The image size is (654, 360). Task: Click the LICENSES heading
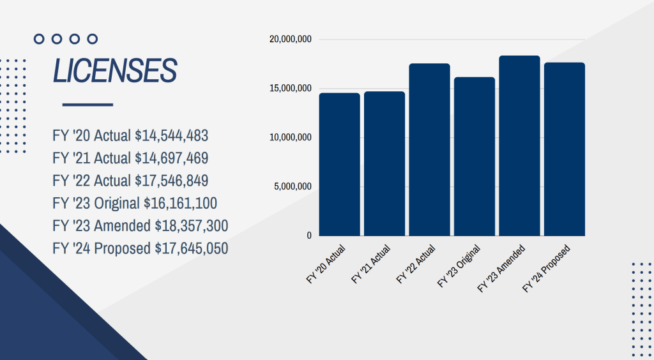[x=114, y=71]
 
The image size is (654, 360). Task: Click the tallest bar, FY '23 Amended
[x=519, y=146]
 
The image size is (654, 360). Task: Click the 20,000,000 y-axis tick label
[x=290, y=40]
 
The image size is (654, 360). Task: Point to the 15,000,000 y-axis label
[x=290, y=89]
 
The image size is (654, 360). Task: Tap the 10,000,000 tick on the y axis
[x=290, y=138]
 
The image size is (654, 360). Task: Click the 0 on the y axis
[x=309, y=236]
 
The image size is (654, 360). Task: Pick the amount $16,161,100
[x=180, y=204]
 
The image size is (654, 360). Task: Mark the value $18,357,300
[x=192, y=226]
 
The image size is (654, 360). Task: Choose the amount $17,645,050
[x=192, y=248]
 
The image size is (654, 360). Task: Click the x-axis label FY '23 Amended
[x=502, y=268]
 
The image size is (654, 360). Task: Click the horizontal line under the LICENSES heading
[x=87, y=105]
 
